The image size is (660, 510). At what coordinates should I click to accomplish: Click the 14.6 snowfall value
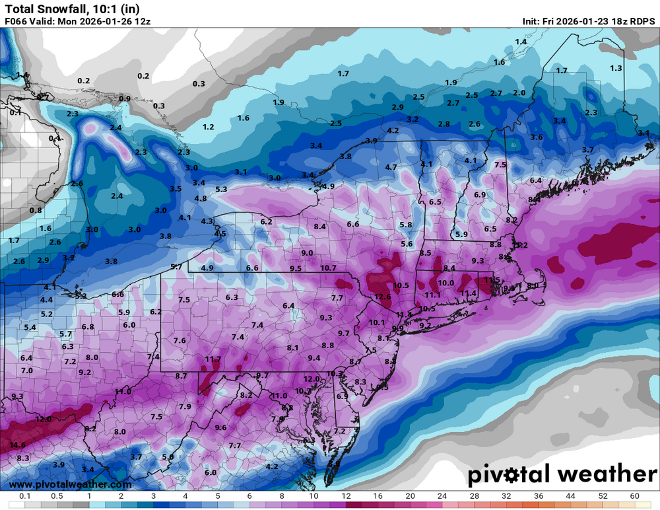point(18,445)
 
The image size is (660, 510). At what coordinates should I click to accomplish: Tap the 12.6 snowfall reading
point(383,297)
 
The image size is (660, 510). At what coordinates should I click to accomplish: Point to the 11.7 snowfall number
point(213,359)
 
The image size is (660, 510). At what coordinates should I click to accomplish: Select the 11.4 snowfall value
point(469,293)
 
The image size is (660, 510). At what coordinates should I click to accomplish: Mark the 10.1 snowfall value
point(377,322)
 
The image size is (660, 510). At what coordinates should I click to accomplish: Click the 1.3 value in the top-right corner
point(616,68)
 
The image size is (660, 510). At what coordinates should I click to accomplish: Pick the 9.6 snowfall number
point(220,427)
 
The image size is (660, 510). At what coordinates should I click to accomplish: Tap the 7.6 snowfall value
point(180,340)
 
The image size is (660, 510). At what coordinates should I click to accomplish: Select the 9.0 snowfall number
point(307,253)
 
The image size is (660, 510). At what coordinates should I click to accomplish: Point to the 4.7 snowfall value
point(391,167)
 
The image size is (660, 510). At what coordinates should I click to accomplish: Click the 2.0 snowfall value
point(519,93)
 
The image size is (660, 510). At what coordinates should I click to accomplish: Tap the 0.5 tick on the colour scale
point(56,496)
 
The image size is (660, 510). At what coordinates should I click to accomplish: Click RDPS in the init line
point(642,20)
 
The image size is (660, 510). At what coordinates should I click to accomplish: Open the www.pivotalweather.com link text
point(52,485)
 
